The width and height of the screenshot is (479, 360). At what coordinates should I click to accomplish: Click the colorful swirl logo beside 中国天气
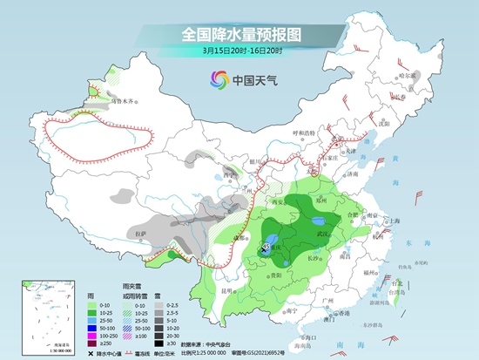[x=215, y=81]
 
